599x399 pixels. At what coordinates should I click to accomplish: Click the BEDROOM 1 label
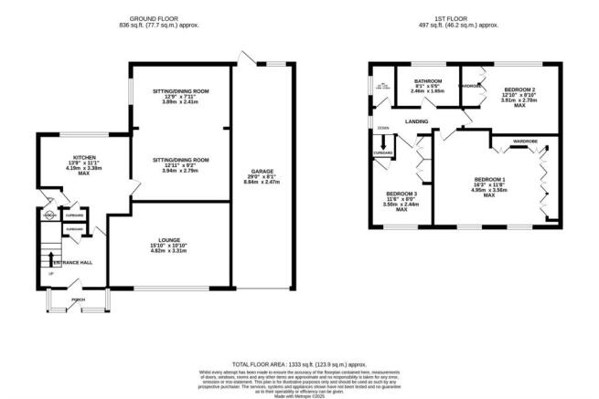point(488,179)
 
